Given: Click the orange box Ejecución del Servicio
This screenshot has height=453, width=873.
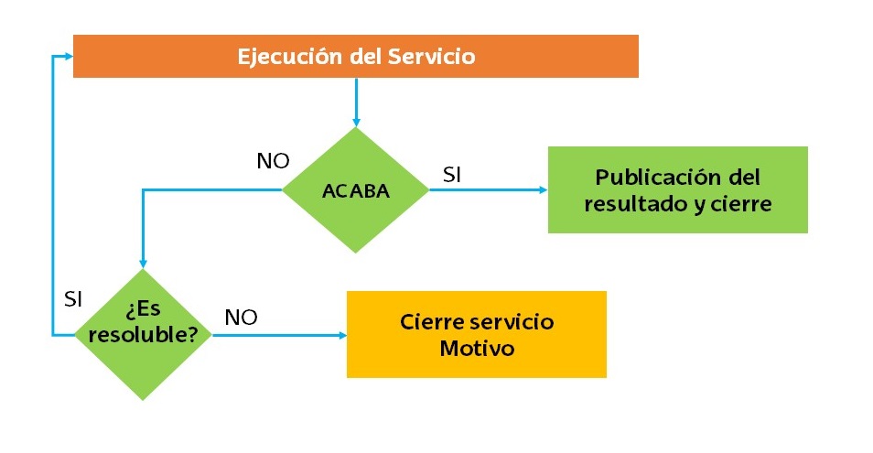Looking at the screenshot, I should coord(355,57).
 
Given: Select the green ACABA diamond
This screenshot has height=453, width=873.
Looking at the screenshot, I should coord(355,190).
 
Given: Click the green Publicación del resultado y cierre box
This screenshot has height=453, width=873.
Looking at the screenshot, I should coord(677,189).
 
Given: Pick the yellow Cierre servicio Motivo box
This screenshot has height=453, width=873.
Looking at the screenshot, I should coord(476,334).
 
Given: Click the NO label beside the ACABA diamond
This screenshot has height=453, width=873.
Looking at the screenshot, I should coord(273,162).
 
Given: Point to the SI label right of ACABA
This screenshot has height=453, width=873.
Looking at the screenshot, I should coord(451,175).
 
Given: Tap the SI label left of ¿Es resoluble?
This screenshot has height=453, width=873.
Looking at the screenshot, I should coord(74,299).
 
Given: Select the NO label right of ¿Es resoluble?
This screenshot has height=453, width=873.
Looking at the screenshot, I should coord(241,318).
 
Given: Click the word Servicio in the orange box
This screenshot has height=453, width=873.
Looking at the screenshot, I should coord(431,57).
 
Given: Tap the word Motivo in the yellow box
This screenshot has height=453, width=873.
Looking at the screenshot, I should coord(476,349).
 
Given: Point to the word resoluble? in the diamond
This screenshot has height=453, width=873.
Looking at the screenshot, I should coord(143,335).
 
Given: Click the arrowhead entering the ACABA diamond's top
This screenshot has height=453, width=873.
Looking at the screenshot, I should coord(355,121).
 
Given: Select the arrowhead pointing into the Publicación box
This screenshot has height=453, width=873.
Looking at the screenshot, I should coord(542,190).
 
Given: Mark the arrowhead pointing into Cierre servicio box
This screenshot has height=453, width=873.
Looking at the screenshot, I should coord(340,335).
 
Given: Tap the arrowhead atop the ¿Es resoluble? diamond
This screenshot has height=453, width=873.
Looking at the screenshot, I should coord(142,263).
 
